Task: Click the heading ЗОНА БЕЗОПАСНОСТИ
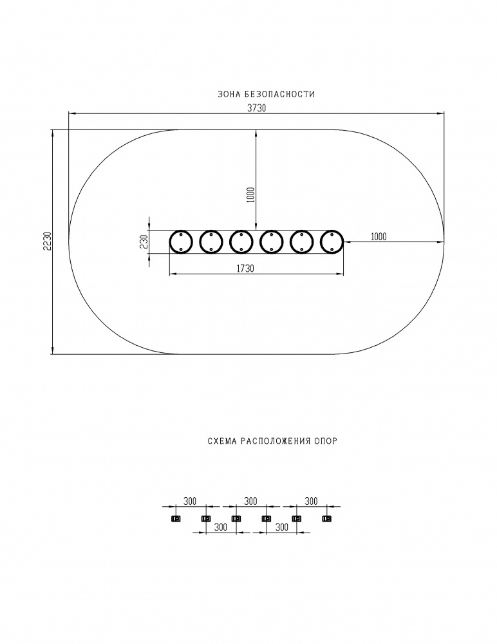coord(266,94)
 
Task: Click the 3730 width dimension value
coord(257,108)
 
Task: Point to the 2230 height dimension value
coord(47,241)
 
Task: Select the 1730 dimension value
coord(245,268)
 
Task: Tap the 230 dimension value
coord(144,242)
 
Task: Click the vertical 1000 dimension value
coord(251,194)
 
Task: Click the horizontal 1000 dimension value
coord(379,236)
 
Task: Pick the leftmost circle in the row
coord(181,242)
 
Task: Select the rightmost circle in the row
coord(332,242)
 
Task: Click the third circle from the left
coord(241,242)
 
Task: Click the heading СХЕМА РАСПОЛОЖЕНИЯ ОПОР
coord(272,441)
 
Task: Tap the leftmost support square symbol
coord(175,518)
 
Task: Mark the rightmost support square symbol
coord(327,518)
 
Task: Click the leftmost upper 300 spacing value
coord(190,501)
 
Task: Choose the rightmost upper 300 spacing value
coord(312,501)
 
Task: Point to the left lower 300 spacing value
coord(221,527)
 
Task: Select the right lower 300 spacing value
coord(281,527)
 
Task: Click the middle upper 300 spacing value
coord(250,501)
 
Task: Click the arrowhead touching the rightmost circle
coord(346,242)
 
